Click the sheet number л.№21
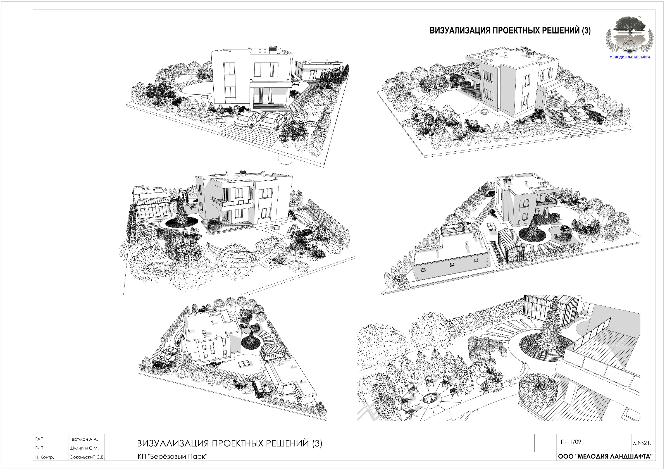pos(642,443)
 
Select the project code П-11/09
pos(571,442)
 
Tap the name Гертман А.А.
pos(84,439)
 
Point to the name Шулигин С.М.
pos(84,448)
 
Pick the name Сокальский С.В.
pos(87,457)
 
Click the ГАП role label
pos(39,439)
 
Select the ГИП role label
pos(39,448)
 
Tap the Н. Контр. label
pos(45,457)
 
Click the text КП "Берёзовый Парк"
pos(173,457)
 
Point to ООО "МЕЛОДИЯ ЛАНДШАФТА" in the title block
pos(605,456)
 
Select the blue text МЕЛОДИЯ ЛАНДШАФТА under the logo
pos(630,57)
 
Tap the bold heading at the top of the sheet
pos(510,30)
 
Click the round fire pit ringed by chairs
pos(429,399)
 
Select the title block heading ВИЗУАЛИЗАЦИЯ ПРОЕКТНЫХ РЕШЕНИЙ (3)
pos(229,443)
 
